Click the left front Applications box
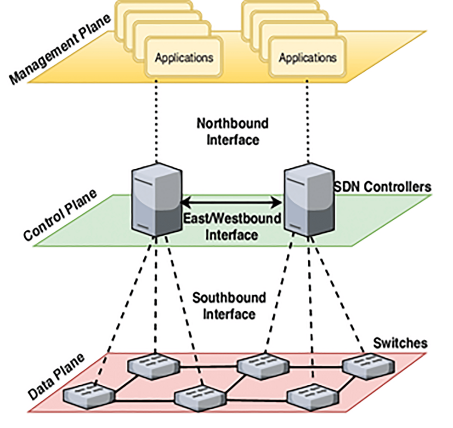[184, 57]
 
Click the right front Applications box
[307, 57]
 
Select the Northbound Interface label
[232, 131]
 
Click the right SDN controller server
[308, 200]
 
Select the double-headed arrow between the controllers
[232, 201]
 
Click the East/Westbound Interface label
[231, 226]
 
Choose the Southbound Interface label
[229, 306]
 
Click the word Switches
[400, 343]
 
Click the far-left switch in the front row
[89, 394]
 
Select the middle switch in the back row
[263, 365]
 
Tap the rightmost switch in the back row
[368, 366]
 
